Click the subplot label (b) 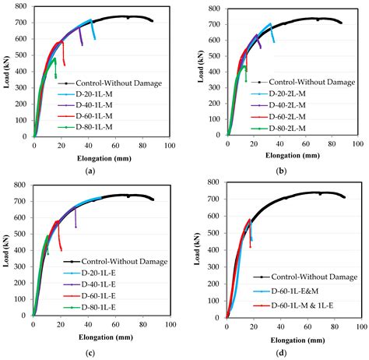[279, 170]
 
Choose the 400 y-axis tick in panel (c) [19, 251]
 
